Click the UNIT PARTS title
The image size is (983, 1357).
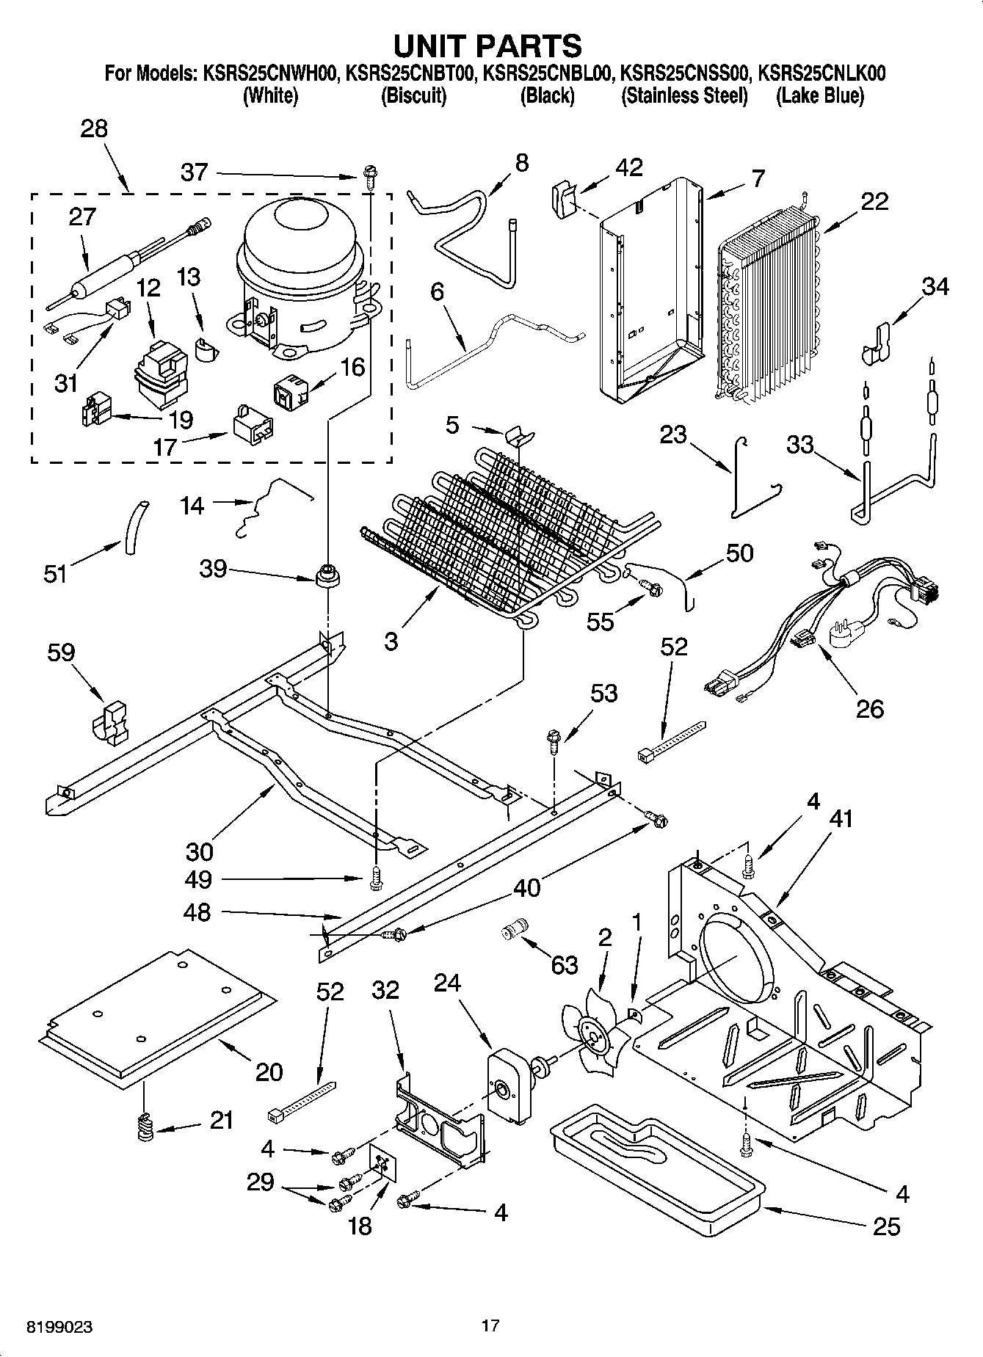click(487, 46)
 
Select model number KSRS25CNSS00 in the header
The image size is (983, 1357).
click(685, 73)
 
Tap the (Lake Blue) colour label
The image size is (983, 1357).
click(820, 96)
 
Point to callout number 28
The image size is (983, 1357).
click(94, 128)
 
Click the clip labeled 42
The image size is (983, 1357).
click(562, 198)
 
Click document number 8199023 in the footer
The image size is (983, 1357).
click(59, 1327)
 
